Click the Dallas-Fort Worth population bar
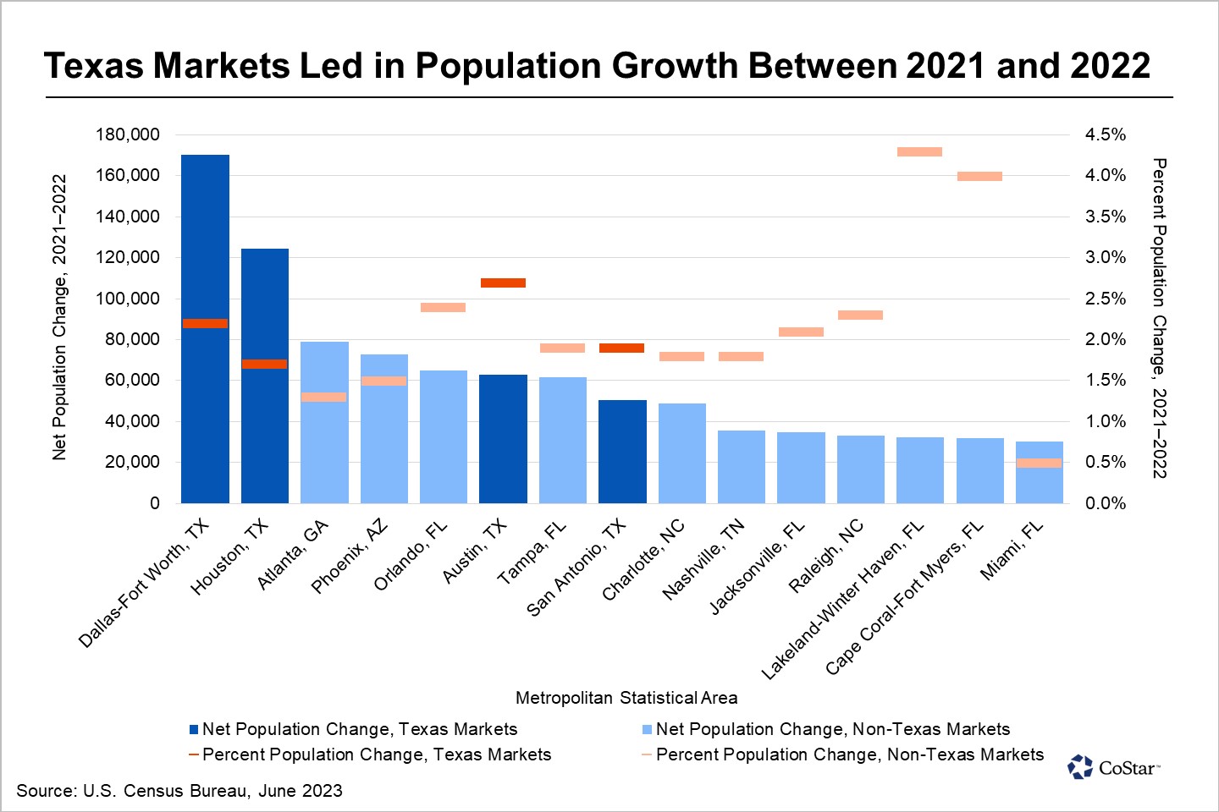[205, 406]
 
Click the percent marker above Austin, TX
[503, 283]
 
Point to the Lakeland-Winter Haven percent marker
[919, 152]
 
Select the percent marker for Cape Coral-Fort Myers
[979, 177]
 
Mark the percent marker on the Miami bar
[1039, 463]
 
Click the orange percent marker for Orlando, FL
[443, 307]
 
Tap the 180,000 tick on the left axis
[128, 134]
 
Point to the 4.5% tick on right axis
[1106, 134]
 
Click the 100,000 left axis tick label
[128, 299]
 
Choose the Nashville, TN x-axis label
[703, 559]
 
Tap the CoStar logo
[1113, 767]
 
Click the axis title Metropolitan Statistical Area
[626, 698]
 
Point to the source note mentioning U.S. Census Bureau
[179, 791]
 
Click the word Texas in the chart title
[94, 66]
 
